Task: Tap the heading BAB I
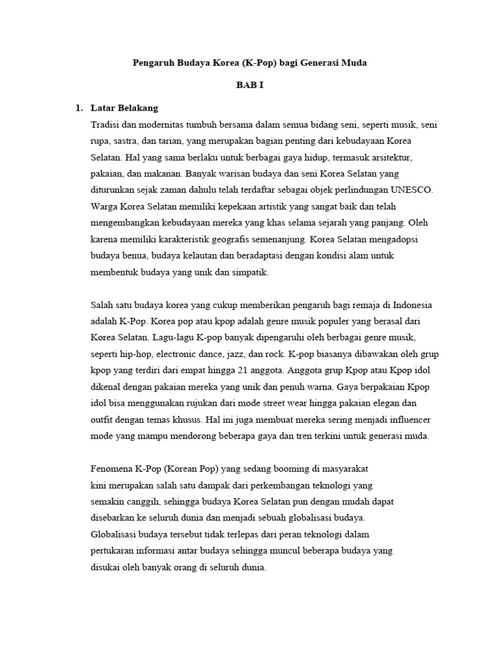(x=250, y=85)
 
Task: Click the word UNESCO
(x=409, y=190)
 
